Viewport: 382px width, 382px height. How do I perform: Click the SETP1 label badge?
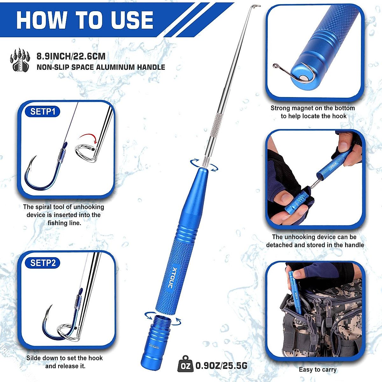[x=43, y=112]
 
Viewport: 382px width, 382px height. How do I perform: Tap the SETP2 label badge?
[x=43, y=263]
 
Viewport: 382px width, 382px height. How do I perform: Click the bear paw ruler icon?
[x=20, y=60]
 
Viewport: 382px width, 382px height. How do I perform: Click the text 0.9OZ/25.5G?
[x=221, y=366]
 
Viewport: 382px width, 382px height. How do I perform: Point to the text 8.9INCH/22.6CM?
[x=71, y=56]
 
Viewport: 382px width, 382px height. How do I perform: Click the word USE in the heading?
[x=132, y=20]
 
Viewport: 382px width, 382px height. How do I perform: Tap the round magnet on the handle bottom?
[x=304, y=77]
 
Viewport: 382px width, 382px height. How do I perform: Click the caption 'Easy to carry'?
[x=317, y=370]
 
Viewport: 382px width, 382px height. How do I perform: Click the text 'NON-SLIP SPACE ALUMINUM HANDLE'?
[x=101, y=67]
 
